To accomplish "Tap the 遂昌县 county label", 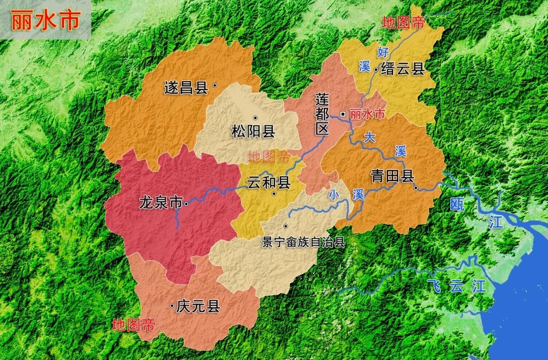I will click(x=186, y=88).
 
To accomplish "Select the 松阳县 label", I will click(x=253, y=131).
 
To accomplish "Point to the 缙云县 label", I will click(x=403, y=69).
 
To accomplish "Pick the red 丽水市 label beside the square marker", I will click(x=367, y=115).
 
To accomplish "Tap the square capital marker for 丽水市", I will click(x=343, y=114).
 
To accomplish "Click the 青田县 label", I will click(x=393, y=176).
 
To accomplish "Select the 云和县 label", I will click(x=268, y=183).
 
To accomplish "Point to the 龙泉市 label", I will click(x=160, y=203).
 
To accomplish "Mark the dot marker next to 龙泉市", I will click(x=186, y=204).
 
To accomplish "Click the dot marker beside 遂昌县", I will click(x=215, y=86).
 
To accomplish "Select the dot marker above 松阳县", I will click(x=255, y=118).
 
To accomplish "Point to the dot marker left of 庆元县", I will click(x=172, y=306).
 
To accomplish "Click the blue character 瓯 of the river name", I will click(x=457, y=204).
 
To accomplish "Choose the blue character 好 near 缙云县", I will click(x=383, y=52).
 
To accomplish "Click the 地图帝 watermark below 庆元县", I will click(x=133, y=325).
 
